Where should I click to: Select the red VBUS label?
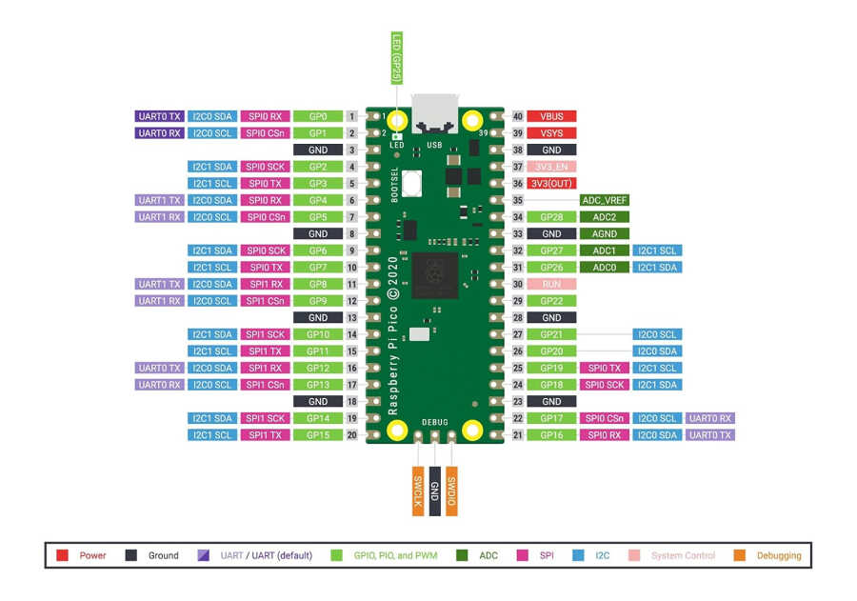coord(551,116)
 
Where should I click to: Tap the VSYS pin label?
coord(551,133)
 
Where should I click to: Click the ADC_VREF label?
coord(605,201)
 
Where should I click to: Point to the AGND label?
coord(605,234)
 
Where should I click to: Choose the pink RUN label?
coord(551,284)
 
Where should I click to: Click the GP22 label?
coord(551,301)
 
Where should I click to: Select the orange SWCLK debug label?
coord(418,491)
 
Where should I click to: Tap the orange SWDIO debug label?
coord(451,491)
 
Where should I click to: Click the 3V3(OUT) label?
coord(551,184)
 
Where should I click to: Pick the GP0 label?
coord(318,116)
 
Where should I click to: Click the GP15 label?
coord(318,435)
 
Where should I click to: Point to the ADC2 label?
coord(605,217)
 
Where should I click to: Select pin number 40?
coord(518,116)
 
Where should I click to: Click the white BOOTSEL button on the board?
coord(412,182)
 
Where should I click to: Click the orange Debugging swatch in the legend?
coord(740,555)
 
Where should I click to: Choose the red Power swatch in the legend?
coord(62,555)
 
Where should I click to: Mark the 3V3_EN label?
coord(551,167)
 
